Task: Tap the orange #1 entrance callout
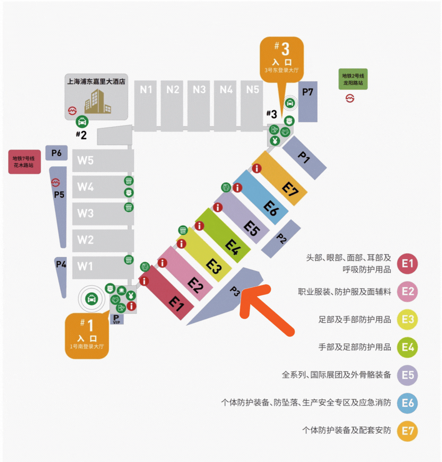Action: [x=87, y=336]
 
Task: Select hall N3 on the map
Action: [x=199, y=105]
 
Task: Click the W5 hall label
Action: [x=86, y=160]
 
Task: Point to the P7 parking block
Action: [x=308, y=102]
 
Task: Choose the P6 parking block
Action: [x=56, y=153]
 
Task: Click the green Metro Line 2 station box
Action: [x=353, y=79]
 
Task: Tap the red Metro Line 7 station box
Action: [x=25, y=162]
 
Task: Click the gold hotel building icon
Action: [x=98, y=102]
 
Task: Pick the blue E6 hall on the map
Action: [x=260, y=198]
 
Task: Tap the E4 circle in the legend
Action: [x=407, y=347]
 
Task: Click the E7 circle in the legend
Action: [x=407, y=431]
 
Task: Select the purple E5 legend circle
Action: [x=407, y=375]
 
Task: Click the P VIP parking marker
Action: [x=117, y=319]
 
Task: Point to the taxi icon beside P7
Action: [x=290, y=103]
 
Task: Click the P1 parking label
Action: [x=304, y=157]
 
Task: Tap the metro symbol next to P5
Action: [x=56, y=183]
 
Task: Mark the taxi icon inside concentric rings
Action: [x=91, y=299]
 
